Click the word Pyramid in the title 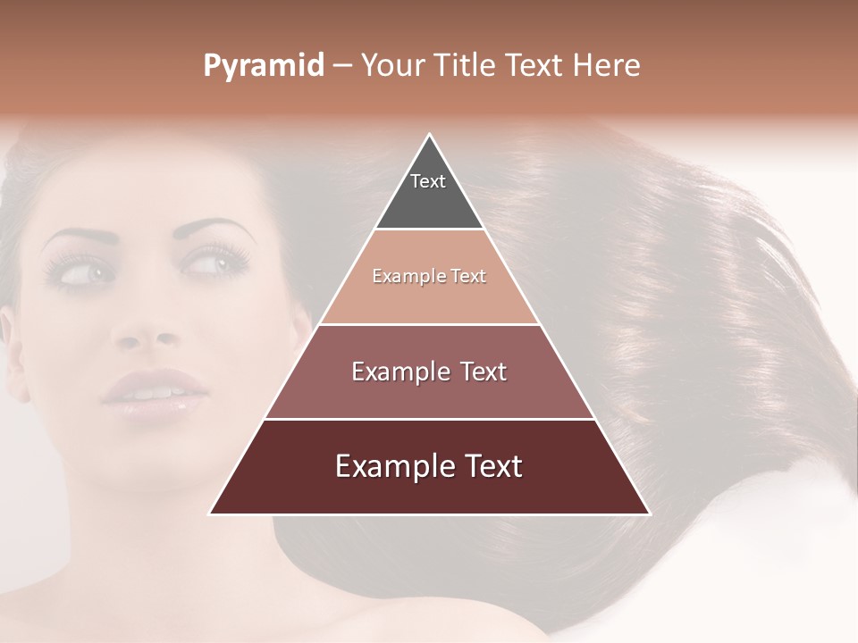tap(264, 66)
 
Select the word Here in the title tap(608, 66)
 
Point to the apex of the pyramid tap(430, 135)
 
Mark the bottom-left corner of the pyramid tap(211, 514)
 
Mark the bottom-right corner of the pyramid tap(649, 514)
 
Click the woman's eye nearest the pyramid tap(211, 264)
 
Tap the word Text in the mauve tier tap(484, 372)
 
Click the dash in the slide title tap(342, 66)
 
